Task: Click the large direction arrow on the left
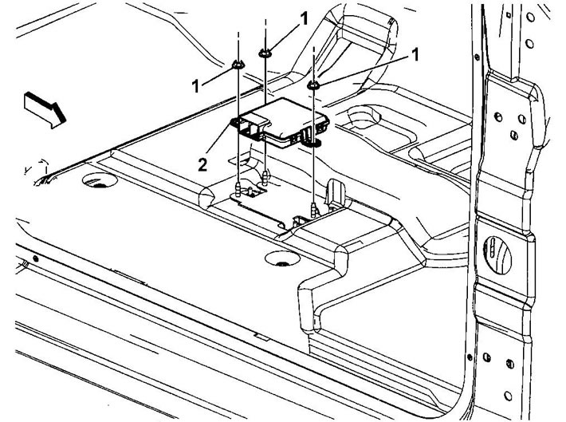click(x=45, y=109)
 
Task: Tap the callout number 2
click(x=202, y=165)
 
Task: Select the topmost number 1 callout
click(x=305, y=18)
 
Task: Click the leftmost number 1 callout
click(x=195, y=86)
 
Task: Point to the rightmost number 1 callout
click(x=415, y=55)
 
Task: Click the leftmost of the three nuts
click(x=238, y=65)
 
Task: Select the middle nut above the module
click(x=265, y=53)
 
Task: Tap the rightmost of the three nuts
click(x=313, y=85)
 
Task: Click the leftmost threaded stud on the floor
click(x=238, y=190)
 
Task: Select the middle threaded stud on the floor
click(x=265, y=178)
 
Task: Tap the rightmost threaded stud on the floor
click(x=313, y=210)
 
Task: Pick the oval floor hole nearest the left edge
click(x=100, y=180)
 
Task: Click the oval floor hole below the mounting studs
click(x=283, y=258)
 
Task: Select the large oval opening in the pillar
click(x=497, y=255)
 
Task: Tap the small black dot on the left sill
click(x=35, y=258)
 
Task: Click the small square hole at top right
click(x=509, y=14)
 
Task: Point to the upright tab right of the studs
click(x=336, y=192)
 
